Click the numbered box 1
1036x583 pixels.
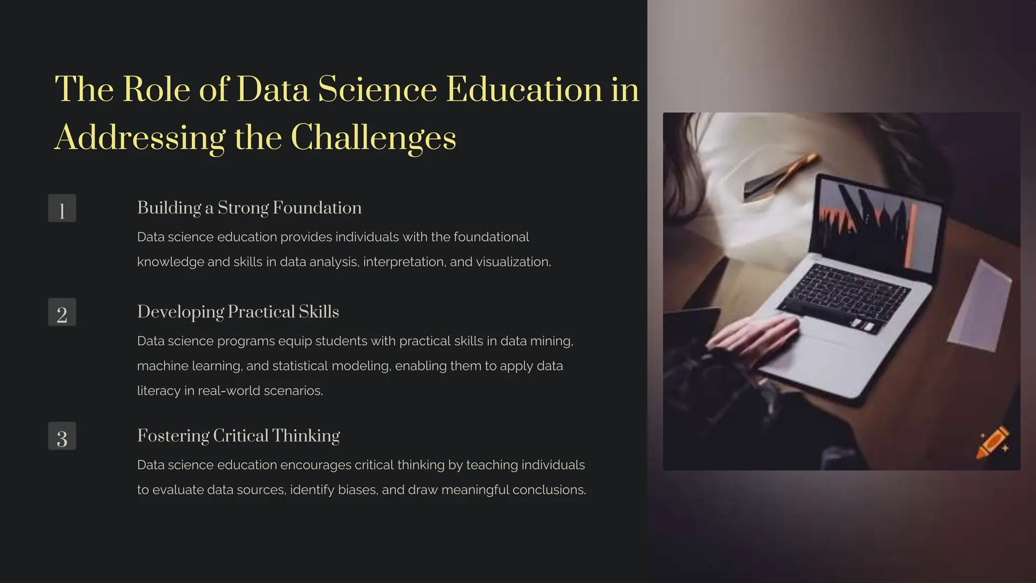[x=62, y=208]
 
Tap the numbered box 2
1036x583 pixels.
[x=62, y=312]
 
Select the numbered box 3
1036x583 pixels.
[x=62, y=436]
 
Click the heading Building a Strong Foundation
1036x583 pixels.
[x=249, y=208]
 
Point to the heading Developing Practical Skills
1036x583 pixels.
[x=238, y=312]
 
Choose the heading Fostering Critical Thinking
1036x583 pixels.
[x=238, y=436]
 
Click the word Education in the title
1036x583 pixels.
[x=524, y=90]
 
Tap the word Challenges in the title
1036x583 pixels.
[x=373, y=138]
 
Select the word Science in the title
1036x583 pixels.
[x=377, y=90]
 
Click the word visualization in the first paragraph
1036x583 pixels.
[x=512, y=262]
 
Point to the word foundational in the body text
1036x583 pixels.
[x=491, y=237]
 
